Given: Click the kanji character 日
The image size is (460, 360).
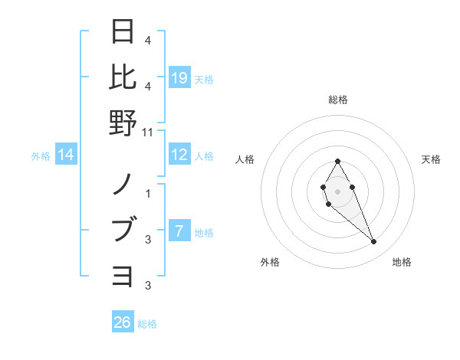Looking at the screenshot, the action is [x=123, y=32].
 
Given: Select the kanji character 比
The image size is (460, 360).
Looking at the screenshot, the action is [x=123, y=77].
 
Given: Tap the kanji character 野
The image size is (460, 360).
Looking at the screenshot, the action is [x=123, y=122].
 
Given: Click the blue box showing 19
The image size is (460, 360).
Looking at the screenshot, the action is [x=179, y=77].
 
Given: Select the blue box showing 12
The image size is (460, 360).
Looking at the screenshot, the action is [x=179, y=155].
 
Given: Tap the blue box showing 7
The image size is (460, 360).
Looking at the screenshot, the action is [x=179, y=231].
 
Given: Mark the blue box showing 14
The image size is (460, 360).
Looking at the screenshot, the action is [x=66, y=155].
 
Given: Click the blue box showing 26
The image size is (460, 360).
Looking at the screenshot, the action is [x=123, y=322].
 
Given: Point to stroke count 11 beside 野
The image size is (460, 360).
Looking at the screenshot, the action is [x=148, y=132].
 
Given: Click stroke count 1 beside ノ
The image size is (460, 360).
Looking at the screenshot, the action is [x=148, y=194].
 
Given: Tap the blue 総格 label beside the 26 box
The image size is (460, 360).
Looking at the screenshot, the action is [x=147, y=324].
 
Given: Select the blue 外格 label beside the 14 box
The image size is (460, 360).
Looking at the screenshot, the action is [x=41, y=156].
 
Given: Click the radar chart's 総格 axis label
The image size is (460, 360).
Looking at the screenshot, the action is [x=338, y=100].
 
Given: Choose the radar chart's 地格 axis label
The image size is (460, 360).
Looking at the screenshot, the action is [x=402, y=262].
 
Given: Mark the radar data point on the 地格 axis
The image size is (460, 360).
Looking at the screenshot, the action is [x=374, y=242].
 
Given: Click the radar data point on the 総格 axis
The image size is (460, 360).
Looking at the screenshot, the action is [x=338, y=161].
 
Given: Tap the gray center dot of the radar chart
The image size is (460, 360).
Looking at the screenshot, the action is [x=337, y=190].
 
